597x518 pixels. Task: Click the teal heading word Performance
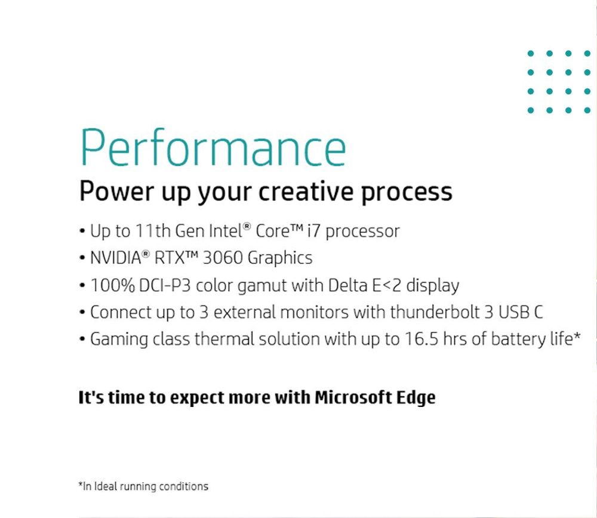(213, 148)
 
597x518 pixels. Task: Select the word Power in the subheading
(116, 191)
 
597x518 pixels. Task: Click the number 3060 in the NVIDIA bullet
(223, 258)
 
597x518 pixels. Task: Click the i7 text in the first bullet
(314, 230)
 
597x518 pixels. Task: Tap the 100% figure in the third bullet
(112, 285)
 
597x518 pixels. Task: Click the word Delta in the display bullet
(347, 285)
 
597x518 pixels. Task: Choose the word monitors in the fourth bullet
(314, 312)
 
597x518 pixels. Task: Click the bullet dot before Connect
(82, 313)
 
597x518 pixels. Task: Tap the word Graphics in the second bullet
(280, 258)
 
